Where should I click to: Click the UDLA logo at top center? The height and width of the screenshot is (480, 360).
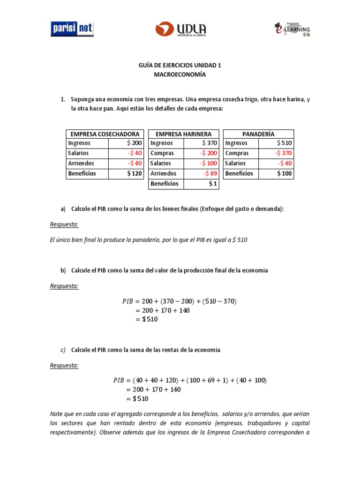181,29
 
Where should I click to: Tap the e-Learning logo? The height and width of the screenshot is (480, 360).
292,29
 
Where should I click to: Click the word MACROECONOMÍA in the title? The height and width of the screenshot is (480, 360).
180,75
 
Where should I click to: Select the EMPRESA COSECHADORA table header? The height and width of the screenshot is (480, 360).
105,134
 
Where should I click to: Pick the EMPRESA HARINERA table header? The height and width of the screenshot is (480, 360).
183,134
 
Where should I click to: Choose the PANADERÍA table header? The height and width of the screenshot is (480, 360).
258,134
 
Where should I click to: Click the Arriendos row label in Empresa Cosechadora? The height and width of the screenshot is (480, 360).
81,164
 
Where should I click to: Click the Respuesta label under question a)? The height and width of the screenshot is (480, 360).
64,225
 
